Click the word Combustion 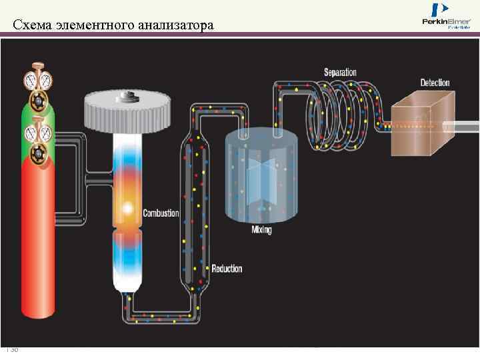(x=161, y=213)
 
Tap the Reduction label (x=227, y=269)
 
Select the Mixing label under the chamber (x=261, y=230)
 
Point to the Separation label (x=340, y=72)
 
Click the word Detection (x=435, y=83)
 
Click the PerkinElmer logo (x=447, y=16)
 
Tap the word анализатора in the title (x=177, y=26)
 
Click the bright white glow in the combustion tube (x=126, y=209)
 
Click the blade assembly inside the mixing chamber (x=261, y=177)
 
